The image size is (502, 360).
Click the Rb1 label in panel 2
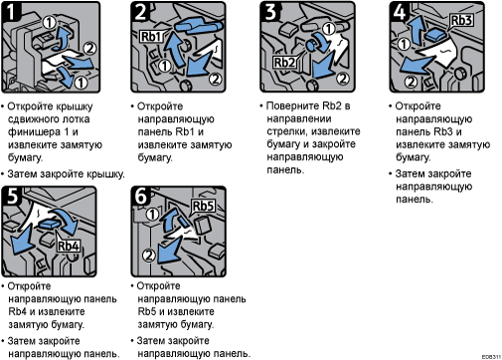151,36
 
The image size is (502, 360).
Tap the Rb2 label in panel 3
284,62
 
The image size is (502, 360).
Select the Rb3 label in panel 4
461,20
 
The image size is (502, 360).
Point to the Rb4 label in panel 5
69,246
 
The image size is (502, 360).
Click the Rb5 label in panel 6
204,206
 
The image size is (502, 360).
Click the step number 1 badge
11,11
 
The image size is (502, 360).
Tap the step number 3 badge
270,11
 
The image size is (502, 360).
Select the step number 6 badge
140,195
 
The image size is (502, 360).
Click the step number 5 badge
11,195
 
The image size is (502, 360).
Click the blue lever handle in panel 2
198,26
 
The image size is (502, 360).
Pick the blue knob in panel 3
312,45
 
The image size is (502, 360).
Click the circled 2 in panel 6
149,256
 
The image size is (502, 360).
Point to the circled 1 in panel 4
404,44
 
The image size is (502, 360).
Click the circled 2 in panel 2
216,79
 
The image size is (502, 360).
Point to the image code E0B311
491,357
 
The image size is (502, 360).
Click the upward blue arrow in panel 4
417,30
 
